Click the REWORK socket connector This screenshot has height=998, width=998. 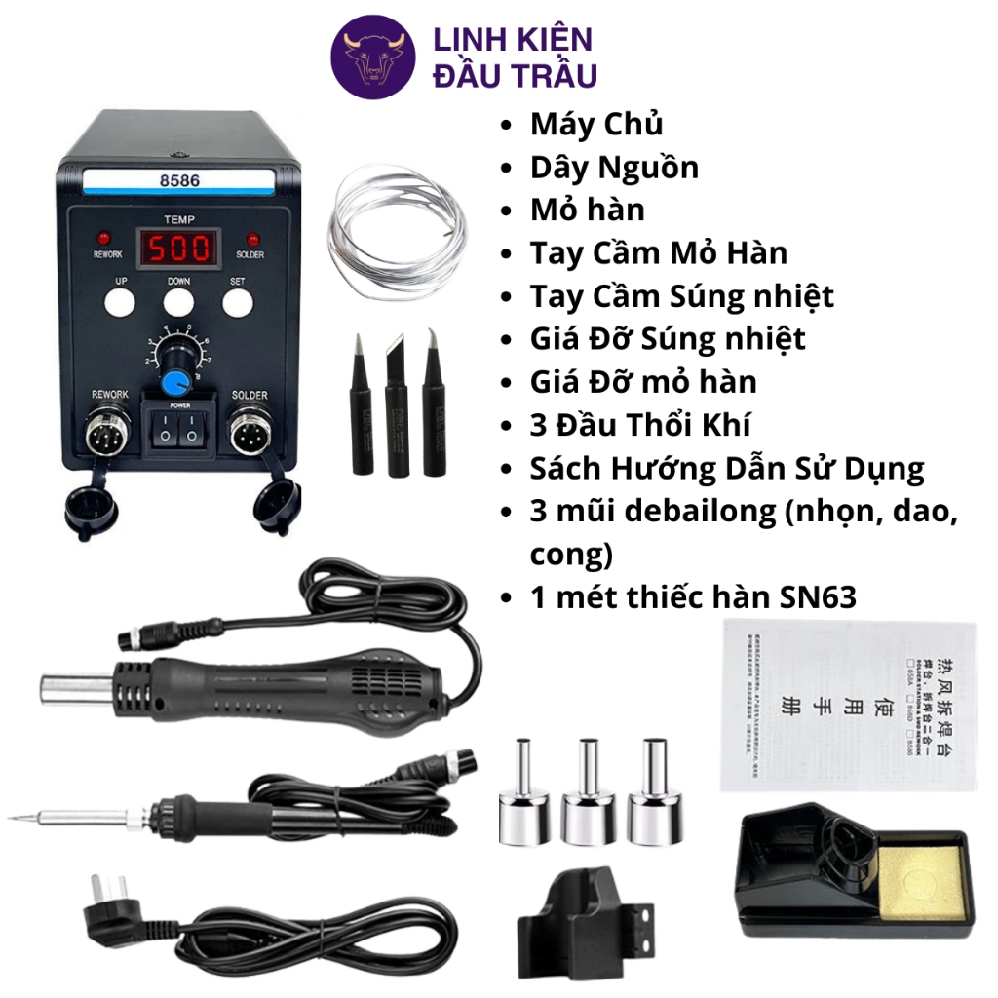tap(109, 431)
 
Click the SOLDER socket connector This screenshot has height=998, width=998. tap(248, 430)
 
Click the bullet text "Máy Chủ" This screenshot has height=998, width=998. tap(596, 125)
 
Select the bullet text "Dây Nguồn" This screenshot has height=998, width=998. tap(614, 168)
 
